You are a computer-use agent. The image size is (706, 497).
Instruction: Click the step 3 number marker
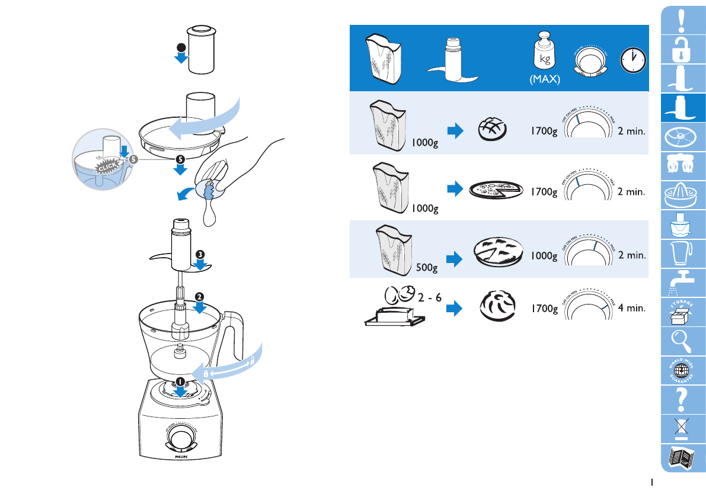[200, 254]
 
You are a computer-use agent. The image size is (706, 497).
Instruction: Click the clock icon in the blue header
[632, 60]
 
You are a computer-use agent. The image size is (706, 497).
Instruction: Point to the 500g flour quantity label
[426, 268]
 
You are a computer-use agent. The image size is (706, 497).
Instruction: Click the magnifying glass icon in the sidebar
[682, 343]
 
